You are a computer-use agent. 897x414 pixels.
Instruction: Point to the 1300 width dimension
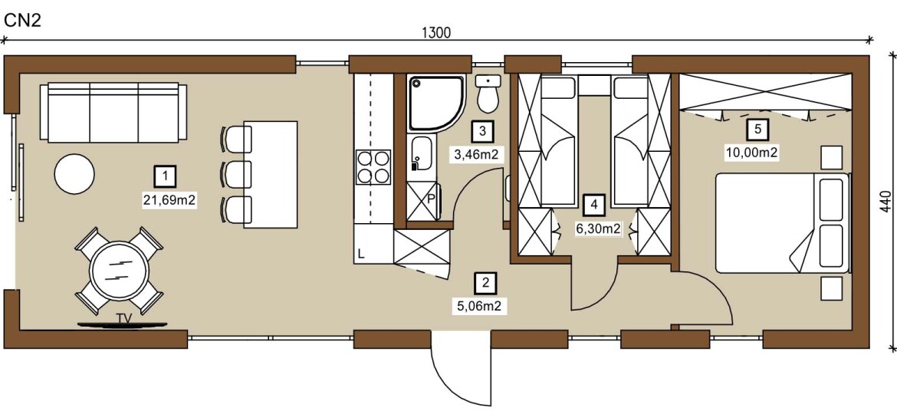pyautogui.click(x=436, y=32)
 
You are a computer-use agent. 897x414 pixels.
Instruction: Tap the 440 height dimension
pyautogui.click(x=886, y=202)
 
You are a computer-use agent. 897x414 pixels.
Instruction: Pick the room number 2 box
pyautogui.click(x=486, y=282)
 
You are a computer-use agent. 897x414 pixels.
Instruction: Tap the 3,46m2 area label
pyautogui.click(x=478, y=154)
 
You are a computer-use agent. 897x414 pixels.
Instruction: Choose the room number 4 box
pyautogui.click(x=594, y=204)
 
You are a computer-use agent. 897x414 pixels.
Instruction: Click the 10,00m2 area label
pyautogui.click(x=757, y=152)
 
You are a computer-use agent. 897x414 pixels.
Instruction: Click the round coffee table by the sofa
pyautogui.click(x=74, y=173)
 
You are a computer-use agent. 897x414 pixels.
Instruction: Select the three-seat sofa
pyautogui.click(x=113, y=112)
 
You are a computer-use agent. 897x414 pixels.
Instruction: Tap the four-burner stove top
pyautogui.click(x=373, y=167)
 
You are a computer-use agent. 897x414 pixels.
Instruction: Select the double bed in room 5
pyautogui.click(x=782, y=223)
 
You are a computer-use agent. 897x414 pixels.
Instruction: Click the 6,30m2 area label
pyautogui.click(x=597, y=228)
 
